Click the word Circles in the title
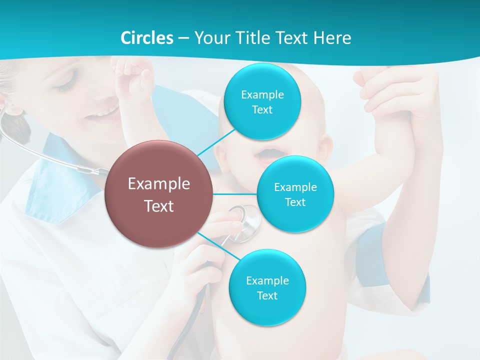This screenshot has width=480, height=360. [x=146, y=38]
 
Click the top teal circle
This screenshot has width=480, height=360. [x=262, y=102]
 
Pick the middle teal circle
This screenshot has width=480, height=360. [x=295, y=194]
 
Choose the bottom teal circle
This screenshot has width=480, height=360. [x=267, y=287]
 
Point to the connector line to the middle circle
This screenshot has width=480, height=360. [x=235, y=194]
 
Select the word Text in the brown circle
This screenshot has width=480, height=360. [x=158, y=206]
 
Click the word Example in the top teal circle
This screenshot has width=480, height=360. [x=262, y=94]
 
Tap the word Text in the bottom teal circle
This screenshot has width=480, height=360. [x=267, y=295]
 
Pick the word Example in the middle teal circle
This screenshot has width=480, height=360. [x=295, y=187]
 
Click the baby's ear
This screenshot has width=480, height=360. [x=324, y=149]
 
